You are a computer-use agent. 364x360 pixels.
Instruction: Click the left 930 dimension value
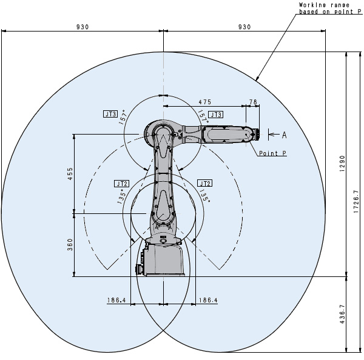83,27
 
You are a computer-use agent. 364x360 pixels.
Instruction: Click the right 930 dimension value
244,27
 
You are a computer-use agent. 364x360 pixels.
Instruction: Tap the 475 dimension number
205,102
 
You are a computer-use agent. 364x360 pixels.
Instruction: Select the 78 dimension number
253,102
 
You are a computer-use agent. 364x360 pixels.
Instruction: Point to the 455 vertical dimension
70,173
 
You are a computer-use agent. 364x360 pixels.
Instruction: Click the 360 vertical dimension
70,245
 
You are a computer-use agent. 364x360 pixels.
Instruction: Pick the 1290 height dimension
342,164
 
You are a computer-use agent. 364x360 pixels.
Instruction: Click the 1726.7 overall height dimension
356,202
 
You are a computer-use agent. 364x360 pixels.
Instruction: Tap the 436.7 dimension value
342,315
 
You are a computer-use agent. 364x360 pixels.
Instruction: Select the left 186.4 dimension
116,301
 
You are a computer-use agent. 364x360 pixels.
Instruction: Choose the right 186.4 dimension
208,301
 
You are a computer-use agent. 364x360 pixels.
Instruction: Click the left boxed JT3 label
110,114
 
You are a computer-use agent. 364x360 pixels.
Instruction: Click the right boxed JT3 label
215,115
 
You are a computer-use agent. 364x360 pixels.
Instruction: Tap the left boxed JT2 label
121,184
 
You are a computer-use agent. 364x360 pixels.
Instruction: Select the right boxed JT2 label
205,183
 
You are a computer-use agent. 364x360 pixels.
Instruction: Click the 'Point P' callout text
273,153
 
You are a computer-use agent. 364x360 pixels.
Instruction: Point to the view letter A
285,135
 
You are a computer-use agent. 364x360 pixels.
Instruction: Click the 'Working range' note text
324,5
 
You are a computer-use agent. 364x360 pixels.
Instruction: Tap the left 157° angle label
123,118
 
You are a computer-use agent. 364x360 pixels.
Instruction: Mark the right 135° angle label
205,195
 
